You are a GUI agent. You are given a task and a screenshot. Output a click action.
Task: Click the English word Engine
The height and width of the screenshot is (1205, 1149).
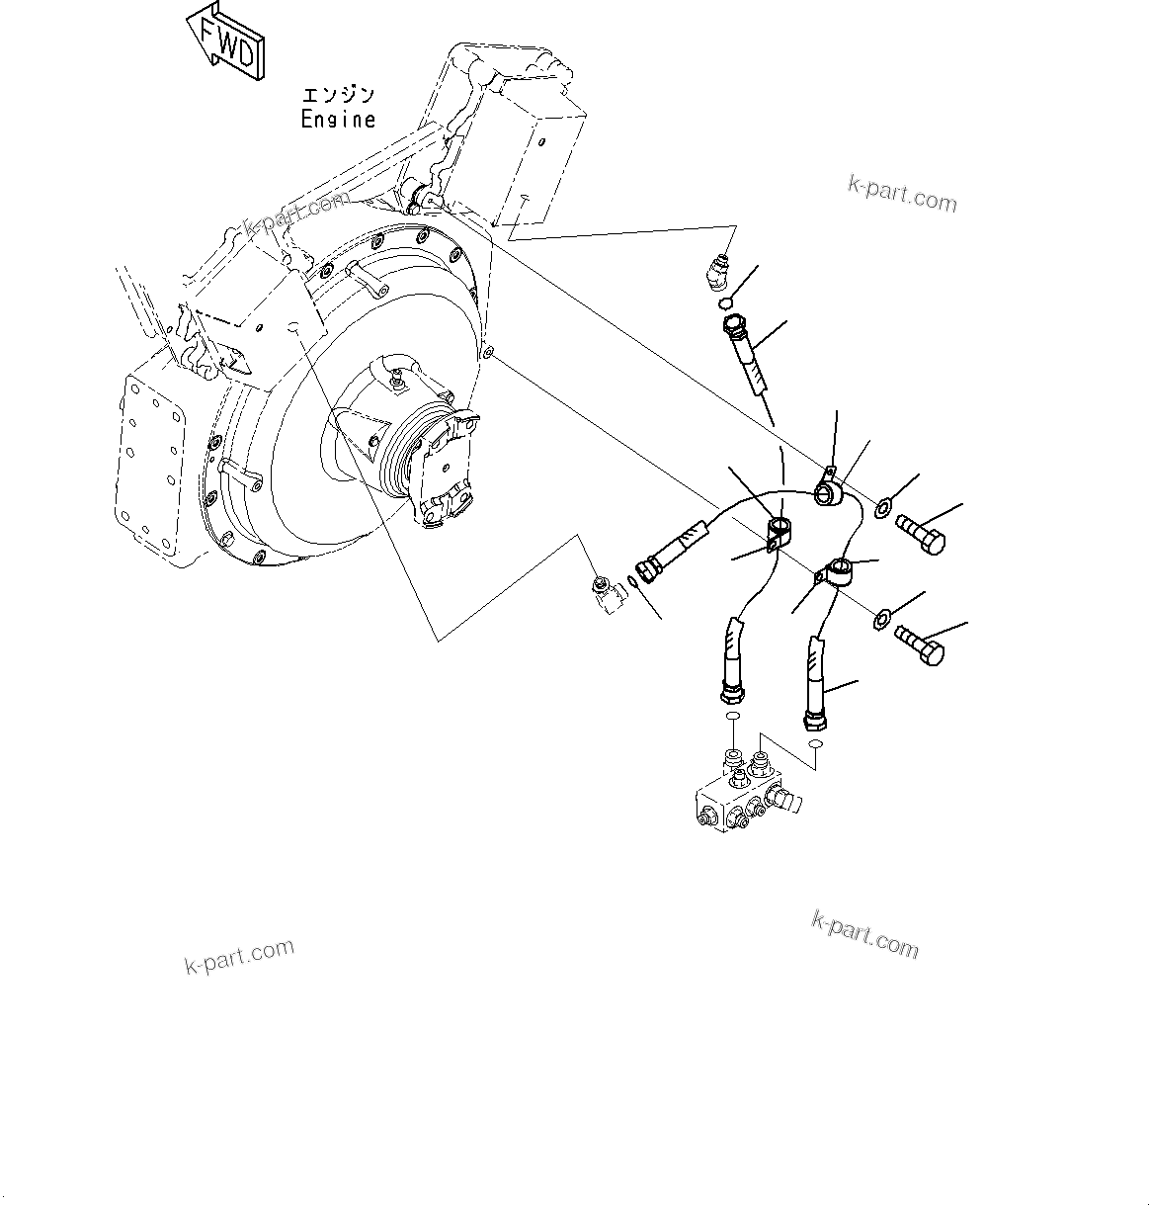point(339,120)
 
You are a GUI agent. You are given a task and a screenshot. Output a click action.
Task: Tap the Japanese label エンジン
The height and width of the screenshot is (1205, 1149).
point(339,96)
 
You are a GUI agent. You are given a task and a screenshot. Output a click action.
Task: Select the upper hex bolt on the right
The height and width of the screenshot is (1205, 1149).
point(921,535)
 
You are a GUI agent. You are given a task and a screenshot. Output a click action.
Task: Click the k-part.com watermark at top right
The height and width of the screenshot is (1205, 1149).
point(902,195)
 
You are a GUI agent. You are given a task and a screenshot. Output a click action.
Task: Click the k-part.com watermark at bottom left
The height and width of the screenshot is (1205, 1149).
point(239,955)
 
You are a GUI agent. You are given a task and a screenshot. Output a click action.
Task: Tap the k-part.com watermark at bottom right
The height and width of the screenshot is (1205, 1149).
point(864,935)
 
